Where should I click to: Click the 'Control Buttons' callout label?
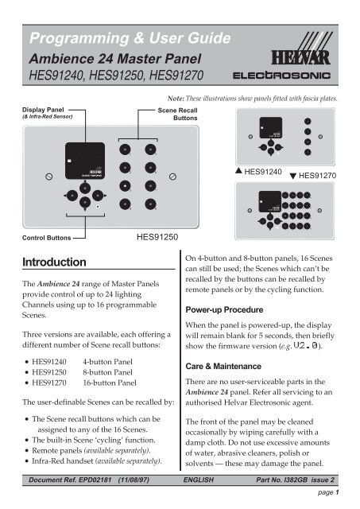click(37, 237)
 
